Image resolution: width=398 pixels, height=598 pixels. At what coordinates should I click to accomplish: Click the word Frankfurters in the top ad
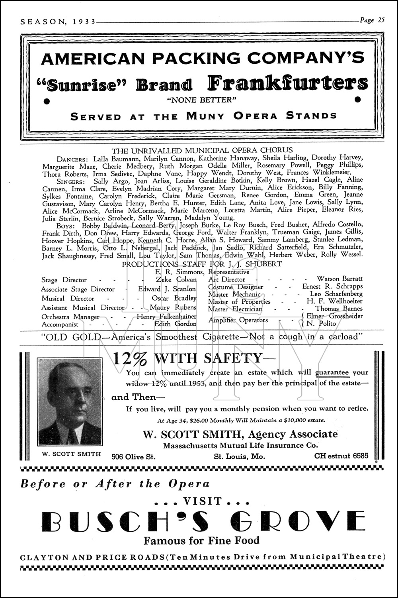[x=287, y=83]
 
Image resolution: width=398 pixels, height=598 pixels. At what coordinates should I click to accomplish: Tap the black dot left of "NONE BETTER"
[x=47, y=100]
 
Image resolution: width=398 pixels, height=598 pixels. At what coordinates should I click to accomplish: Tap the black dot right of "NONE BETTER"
[x=357, y=99]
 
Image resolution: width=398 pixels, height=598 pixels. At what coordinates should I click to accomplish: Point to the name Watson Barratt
[x=339, y=279]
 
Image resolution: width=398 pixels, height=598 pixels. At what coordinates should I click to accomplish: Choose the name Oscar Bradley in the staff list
[x=174, y=298]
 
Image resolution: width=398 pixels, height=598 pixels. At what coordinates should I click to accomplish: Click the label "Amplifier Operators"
[x=238, y=320]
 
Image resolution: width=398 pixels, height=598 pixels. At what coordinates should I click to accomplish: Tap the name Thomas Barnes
[x=339, y=309]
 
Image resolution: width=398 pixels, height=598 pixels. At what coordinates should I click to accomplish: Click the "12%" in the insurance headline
[x=130, y=358]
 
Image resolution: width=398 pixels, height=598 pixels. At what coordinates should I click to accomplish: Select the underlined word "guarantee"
[x=332, y=373]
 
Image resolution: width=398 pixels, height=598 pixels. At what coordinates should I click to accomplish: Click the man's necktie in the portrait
[x=72, y=437]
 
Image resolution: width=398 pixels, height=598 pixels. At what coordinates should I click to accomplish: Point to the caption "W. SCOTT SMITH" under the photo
[x=71, y=454]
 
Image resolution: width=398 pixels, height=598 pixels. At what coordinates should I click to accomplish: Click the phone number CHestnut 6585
[x=341, y=456]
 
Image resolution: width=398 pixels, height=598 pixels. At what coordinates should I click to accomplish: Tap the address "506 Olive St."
[x=133, y=457]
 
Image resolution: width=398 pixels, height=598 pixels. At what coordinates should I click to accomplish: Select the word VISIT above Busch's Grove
[x=201, y=501]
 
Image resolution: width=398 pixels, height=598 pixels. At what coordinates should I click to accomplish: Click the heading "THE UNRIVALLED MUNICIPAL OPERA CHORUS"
[x=202, y=150]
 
